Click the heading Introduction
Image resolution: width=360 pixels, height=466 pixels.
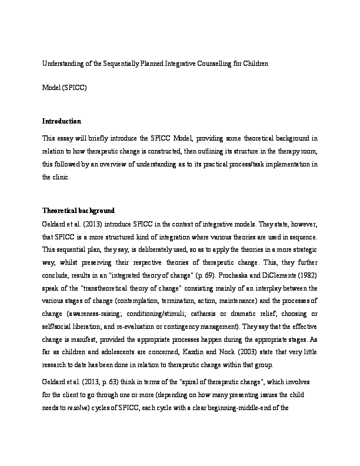coord(61,121)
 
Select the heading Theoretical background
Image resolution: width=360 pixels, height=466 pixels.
coord(78,211)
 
